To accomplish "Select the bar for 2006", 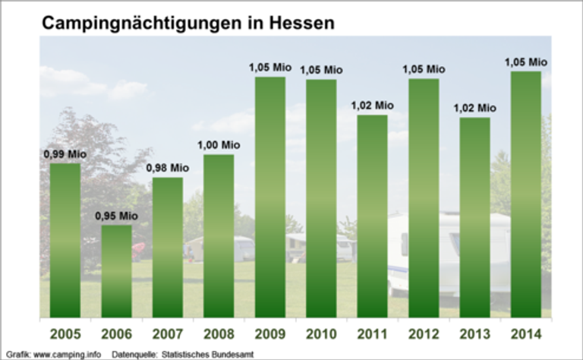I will click(x=117, y=270).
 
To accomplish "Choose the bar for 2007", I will click(x=168, y=247).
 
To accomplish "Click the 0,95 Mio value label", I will click(x=116, y=215).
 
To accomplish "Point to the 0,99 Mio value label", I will click(x=65, y=154).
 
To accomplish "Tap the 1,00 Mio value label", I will click(x=219, y=144).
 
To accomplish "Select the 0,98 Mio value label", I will click(x=168, y=167).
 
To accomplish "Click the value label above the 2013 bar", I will click(x=475, y=108).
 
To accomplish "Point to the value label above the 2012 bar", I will click(x=424, y=69).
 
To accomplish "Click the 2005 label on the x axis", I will click(x=65, y=334).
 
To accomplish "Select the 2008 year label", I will click(x=219, y=334).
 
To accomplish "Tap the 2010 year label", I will click(x=321, y=334).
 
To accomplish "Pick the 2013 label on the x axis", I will click(x=474, y=334).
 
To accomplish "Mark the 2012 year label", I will click(x=424, y=334).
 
